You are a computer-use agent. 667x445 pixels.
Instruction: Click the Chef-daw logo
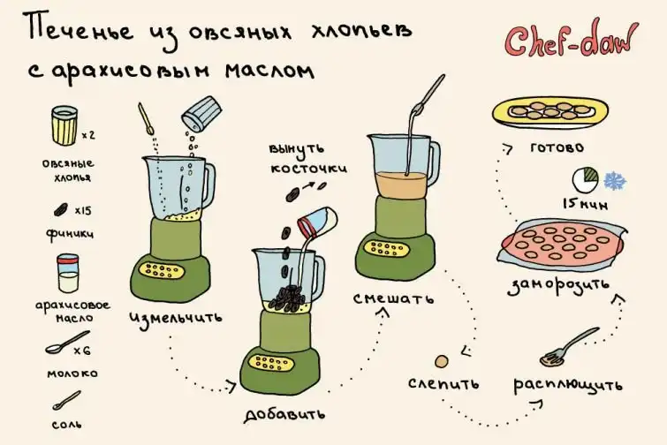571,41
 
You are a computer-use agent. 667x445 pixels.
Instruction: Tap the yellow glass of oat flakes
64,125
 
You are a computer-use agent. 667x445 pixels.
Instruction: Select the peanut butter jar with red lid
68,274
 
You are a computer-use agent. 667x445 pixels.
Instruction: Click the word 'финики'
70,234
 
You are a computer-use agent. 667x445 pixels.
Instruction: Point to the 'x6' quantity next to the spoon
82,351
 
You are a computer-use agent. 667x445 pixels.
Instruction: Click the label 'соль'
67,424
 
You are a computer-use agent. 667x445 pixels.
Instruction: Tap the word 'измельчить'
176,318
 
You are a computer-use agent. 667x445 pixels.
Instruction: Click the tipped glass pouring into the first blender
201,113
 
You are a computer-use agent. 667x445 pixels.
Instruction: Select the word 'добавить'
285,414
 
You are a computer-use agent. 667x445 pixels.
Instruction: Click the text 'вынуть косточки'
308,159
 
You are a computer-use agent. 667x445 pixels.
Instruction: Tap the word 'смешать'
393,298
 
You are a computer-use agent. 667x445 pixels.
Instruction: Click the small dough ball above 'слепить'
442,362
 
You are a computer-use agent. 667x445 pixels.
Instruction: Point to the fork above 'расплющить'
569,346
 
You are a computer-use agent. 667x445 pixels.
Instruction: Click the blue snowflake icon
615,181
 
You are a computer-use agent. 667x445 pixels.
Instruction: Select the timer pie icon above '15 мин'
586,180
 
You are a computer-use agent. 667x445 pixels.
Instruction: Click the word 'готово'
557,148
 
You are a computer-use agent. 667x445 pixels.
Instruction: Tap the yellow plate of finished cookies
550,112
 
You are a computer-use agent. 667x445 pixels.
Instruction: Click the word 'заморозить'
558,286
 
